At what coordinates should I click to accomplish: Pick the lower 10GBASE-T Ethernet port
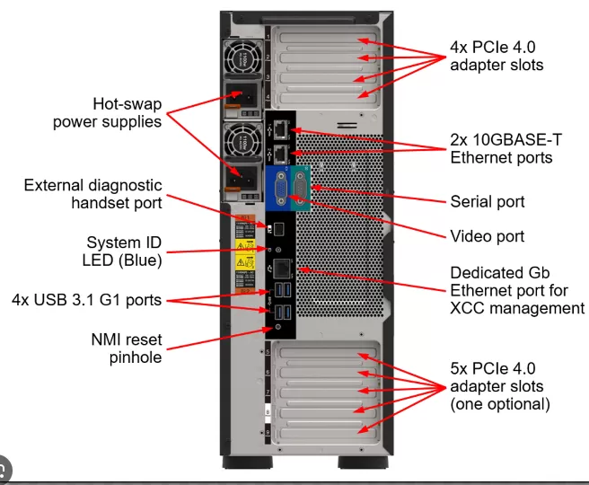coord(280,152)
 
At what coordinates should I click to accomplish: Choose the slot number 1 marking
coord(267,37)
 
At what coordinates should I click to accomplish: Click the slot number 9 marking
coord(267,434)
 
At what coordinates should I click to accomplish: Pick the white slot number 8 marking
coord(267,414)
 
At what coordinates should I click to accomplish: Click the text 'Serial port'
coord(487,201)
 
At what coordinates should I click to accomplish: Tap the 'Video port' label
coord(486,236)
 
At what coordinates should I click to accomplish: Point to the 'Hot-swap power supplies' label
coord(108,111)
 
